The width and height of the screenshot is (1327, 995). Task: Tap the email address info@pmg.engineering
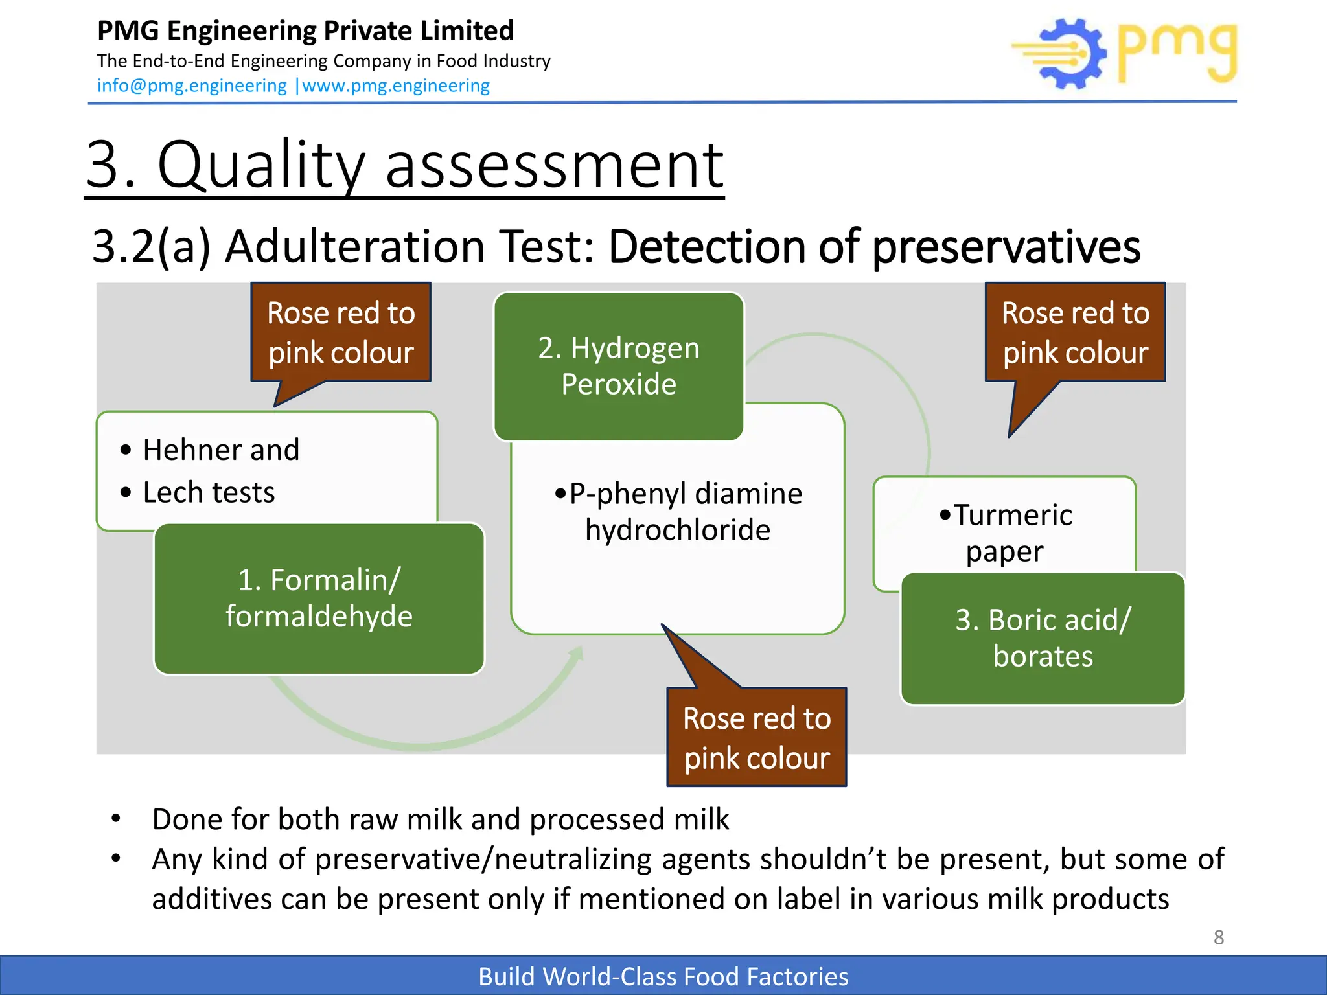pos(192,86)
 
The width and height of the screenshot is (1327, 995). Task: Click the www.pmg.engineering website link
pos(396,86)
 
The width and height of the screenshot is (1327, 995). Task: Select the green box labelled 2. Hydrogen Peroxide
pos(619,366)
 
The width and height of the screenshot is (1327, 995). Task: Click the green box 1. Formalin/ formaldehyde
pos(319,598)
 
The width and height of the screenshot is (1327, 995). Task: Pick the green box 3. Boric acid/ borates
pos(1043,638)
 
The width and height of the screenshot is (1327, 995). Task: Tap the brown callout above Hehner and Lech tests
pos(341,332)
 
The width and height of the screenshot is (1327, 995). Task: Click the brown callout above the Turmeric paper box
pos(1075,332)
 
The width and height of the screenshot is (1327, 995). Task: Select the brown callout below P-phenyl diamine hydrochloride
pos(756,737)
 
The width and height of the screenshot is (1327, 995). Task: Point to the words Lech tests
pos(209,492)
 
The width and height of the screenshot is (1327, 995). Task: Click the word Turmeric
pos(1013,516)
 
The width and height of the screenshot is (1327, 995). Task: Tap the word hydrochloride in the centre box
pos(678,530)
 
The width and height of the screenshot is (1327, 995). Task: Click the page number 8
pos(1218,937)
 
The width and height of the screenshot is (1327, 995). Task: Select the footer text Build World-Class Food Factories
pos(663,976)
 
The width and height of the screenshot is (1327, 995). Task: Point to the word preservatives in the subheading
pos(1006,247)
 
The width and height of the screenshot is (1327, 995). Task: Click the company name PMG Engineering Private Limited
pos(305,30)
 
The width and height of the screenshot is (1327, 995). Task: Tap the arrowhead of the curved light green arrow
pos(576,654)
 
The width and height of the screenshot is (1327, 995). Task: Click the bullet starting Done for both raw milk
pos(440,819)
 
